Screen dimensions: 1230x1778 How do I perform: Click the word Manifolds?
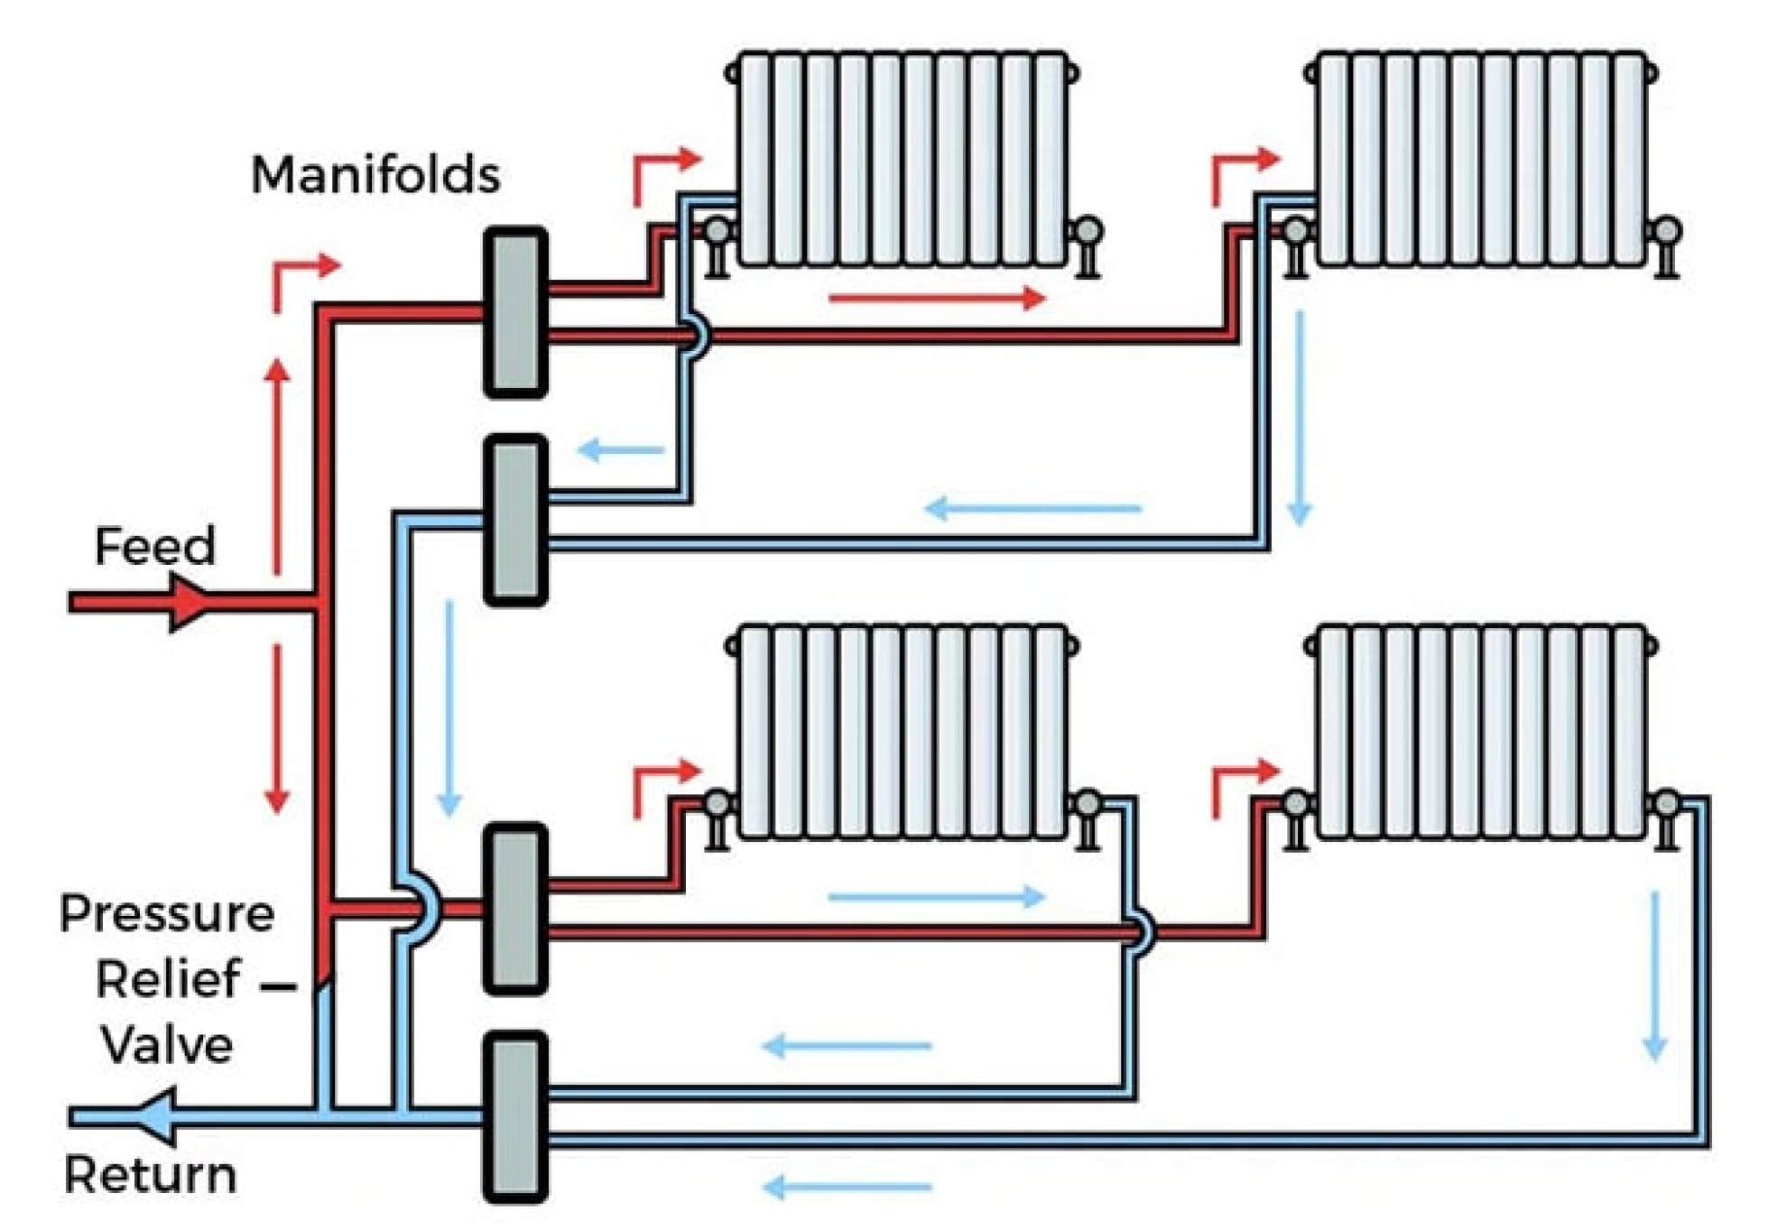coord(375,174)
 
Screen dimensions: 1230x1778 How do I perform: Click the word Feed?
coord(155,547)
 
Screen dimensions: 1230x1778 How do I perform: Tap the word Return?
coord(151,1175)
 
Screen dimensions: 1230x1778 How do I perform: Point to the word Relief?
coord(169,979)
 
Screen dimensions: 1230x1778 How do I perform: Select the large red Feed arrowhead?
coord(188,603)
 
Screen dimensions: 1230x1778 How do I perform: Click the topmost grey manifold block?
coord(515,312)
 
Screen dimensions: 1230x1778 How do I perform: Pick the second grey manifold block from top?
coord(515,520)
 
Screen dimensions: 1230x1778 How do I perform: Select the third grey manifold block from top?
coord(515,908)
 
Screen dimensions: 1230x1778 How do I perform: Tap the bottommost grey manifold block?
coord(515,1116)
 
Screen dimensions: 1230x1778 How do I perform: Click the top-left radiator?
coord(903,159)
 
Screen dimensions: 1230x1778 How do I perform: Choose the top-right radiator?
coord(1481,159)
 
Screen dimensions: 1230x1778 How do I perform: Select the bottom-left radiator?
coord(903,732)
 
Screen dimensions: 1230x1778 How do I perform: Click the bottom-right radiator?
coord(1481,732)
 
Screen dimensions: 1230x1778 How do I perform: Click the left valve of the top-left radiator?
coord(717,233)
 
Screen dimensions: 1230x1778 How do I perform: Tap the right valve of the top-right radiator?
coord(1666,233)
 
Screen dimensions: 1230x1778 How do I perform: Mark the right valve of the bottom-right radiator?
coord(1666,803)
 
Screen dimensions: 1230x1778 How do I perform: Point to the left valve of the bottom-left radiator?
coord(717,803)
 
